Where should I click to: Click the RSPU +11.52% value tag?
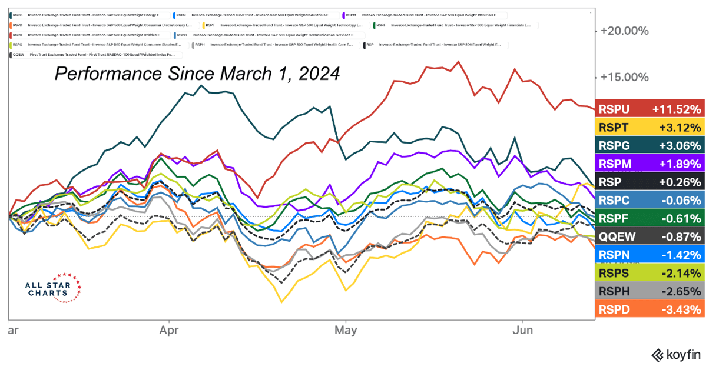[x=650, y=109]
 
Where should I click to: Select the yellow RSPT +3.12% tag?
[x=650, y=127]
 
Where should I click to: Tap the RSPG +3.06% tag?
[x=650, y=145]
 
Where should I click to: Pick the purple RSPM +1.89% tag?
[x=650, y=164]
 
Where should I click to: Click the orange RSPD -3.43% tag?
[x=650, y=309]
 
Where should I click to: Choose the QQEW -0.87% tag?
[x=650, y=236]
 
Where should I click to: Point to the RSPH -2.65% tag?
[x=650, y=291]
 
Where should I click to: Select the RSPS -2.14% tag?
[x=650, y=272]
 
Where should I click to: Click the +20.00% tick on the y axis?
[x=624, y=31]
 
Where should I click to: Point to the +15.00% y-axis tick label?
[x=624, y=77]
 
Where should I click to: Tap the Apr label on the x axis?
[x=169, y=330]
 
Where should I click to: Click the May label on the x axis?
[x=346, y=330]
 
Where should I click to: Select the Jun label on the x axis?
[x=523, y=330]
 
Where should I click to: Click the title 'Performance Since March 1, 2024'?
[x=197, y=74]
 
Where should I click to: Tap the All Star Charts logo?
[x=52, y=288]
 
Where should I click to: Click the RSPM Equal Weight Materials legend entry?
[x=424, y=15]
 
